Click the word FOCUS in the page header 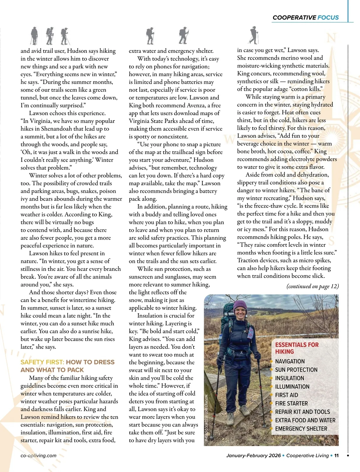coord(328,18)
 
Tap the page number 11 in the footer coord(336,456)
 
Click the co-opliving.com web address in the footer coord(38,456)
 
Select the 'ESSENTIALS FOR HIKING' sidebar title coord(297,348)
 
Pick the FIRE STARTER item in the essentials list coord(291,404)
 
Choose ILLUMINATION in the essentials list coord(292,387)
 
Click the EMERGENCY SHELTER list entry coord(301,429)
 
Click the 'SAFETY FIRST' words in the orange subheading coord(42,362)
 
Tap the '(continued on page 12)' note coord(313,286)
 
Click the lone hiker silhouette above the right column coord(254,35)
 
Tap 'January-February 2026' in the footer coord(253,456)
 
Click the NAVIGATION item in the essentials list coord(290,362)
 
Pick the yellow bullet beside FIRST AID coord(272,395)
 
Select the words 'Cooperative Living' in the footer coord(307,456)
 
